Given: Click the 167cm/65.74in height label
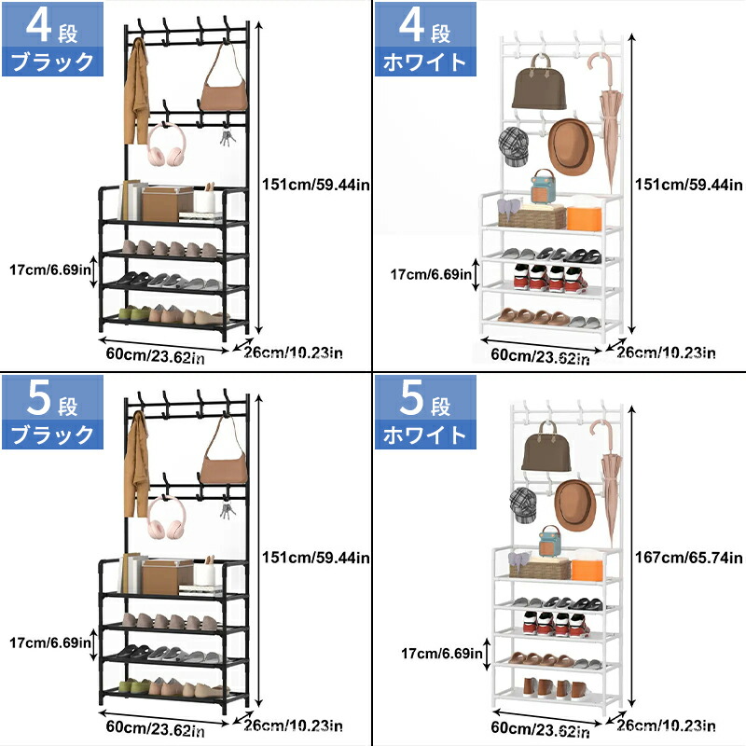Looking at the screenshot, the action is [688, 557].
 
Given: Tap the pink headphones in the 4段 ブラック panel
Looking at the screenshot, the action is [166, 145].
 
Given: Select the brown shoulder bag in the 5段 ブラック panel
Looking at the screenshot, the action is [224, 451].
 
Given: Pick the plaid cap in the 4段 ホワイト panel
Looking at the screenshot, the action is [514, 147].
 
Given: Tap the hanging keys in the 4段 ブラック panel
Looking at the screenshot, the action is [228, 137].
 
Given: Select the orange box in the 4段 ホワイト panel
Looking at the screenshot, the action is [585, 218].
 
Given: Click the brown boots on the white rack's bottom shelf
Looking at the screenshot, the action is [556, 688].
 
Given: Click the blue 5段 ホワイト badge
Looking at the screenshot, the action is [425, 412].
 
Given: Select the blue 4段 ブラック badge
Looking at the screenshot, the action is [52, 39].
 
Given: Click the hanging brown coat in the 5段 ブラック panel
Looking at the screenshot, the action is [136, 463].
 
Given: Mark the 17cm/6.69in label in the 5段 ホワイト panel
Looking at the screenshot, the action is [441, 654].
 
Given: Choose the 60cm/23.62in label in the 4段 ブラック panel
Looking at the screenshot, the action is [155, 355].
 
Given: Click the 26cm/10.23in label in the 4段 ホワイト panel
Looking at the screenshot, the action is [666, 352].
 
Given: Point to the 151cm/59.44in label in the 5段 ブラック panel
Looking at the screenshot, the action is [316, 557].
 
